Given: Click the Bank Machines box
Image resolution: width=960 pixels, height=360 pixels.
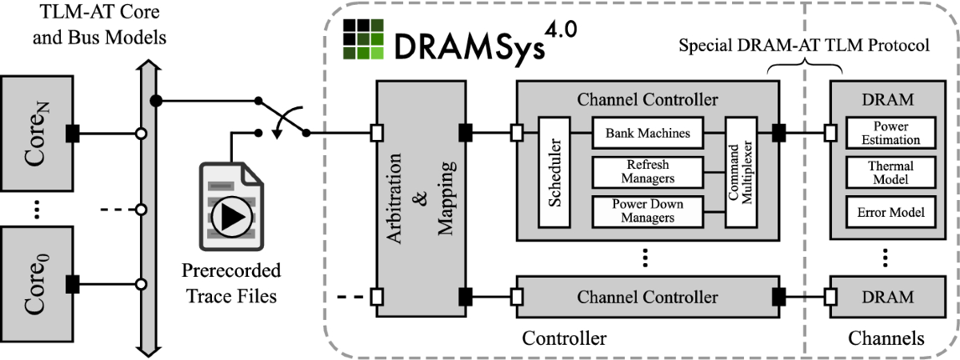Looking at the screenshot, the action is [x=647, y=133].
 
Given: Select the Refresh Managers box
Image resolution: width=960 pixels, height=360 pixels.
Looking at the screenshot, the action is [x=647, y=172].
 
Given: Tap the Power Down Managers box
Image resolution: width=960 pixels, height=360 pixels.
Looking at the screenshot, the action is [x=647, y=211].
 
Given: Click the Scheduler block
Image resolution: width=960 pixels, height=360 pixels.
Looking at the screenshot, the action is [x=554, y=172].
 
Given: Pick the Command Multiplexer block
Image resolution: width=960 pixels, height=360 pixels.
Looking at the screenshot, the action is [x=741, y=172].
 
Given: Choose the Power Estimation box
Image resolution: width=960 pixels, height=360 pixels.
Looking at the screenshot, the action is [x=890, y=133].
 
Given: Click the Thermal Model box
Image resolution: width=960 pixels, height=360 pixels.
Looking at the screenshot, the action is [x=890, y=172].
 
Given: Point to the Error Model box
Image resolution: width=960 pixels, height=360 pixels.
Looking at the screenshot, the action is [x=890, y=212].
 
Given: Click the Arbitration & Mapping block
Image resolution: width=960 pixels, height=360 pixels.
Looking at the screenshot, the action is [x=422, y=199].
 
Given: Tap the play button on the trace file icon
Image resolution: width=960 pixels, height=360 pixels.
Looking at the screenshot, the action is [x=232, y=218].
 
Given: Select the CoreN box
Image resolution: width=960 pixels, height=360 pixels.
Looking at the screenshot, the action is [x=37, y=134].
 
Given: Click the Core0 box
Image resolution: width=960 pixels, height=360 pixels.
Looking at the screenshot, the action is [x=37, y=284].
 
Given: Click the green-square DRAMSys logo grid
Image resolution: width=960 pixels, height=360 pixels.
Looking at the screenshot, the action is [x=363, y=39].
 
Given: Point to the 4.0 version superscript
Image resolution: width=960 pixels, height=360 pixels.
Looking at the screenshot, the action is [x=561, y=30].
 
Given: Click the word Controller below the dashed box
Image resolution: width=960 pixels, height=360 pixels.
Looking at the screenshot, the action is [x=564, y=338].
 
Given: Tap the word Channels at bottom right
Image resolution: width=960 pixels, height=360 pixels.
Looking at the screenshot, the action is [x=886, y=338].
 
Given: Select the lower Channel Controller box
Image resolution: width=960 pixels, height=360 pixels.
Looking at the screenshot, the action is [x=647, y=297].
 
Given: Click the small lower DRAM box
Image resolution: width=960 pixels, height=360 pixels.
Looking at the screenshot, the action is [x=887, y=297].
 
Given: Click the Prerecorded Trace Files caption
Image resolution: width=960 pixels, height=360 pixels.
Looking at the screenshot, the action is [x=231, y=283].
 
